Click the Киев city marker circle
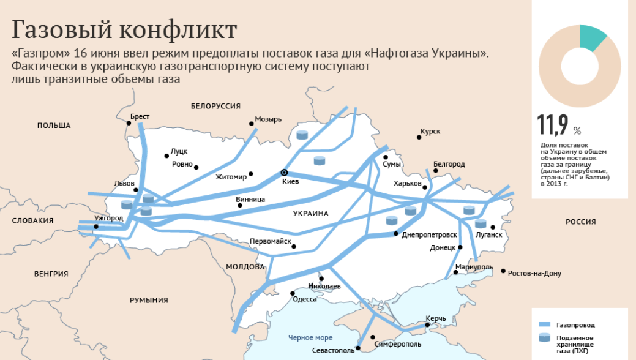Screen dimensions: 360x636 coord(283,173)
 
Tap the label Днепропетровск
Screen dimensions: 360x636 coord(429,234)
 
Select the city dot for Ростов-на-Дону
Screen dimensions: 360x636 coord(503,271)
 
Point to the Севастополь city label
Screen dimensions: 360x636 coord(333,351)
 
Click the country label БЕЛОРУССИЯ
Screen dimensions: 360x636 coord(215,106)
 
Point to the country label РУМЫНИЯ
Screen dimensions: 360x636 coord(149,300)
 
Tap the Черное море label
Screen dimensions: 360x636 coord(310,337)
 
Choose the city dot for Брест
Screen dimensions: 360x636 coord(129,123)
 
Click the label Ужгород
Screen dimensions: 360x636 coord(110,218)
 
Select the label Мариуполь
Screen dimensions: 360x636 coord(474,267)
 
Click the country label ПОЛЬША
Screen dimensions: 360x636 coord(54,126)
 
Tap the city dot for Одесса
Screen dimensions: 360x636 coord(293,293)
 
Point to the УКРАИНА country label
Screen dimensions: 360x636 coord(310,214)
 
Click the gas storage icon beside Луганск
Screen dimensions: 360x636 coord(481,223)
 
